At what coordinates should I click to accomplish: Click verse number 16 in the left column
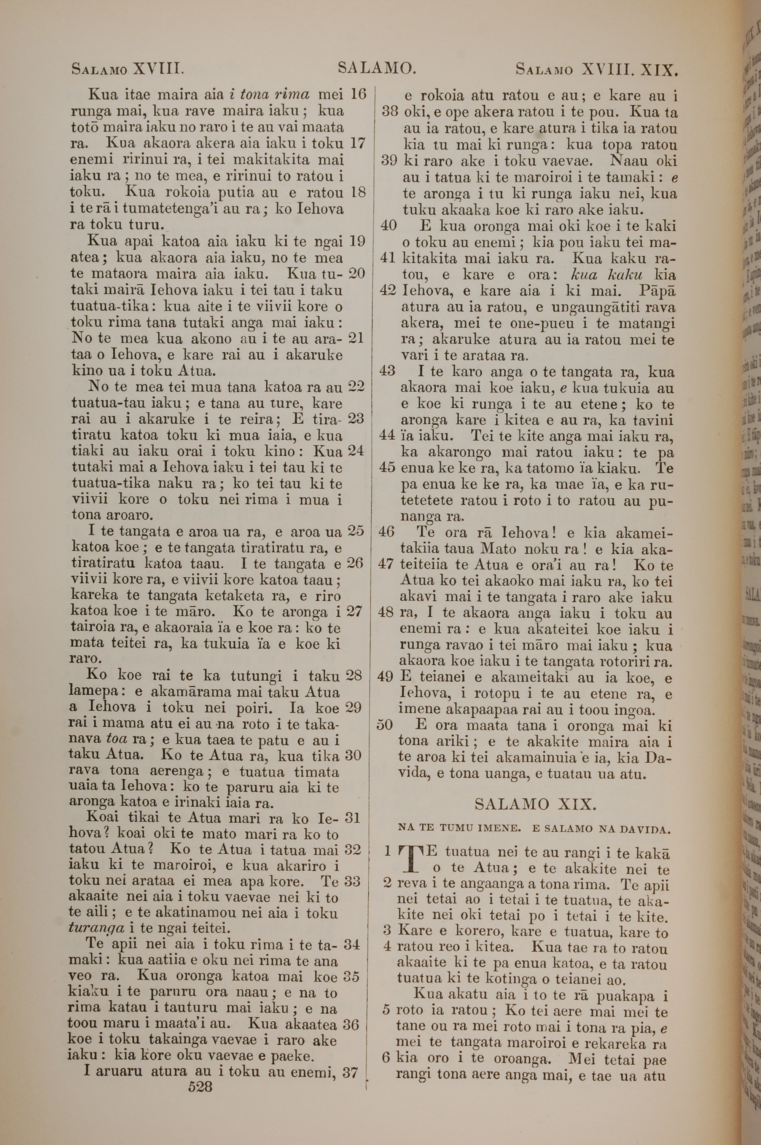(358, 94)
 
